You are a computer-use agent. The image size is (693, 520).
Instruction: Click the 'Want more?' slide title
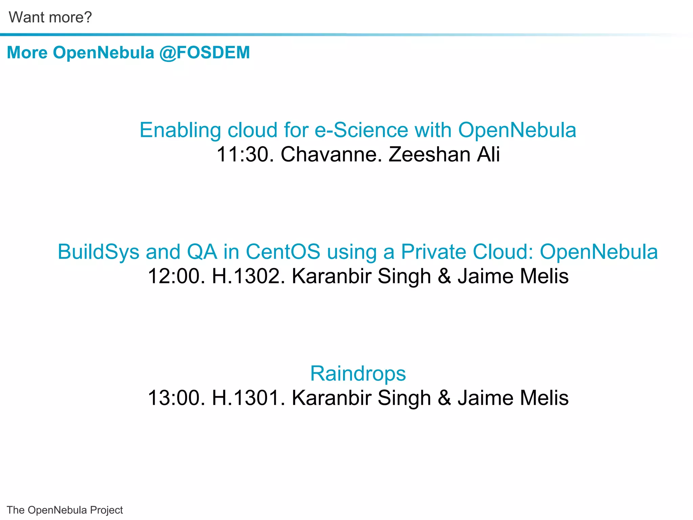click(50, 17)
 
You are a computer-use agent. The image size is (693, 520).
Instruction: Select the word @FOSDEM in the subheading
click(205, 53)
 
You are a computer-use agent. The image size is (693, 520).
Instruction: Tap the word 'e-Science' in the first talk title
click(361, 130)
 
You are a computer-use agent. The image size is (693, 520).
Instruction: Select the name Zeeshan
click(429, 154)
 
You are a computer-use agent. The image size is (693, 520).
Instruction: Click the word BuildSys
click(98, 252)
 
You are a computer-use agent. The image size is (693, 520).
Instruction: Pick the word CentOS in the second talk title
click(283, 252)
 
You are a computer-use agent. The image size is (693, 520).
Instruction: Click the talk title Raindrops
click(358, 373)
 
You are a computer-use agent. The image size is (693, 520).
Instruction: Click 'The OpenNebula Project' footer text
click(65, 510)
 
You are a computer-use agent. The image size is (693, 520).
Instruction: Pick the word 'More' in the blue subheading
click(27, 53)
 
